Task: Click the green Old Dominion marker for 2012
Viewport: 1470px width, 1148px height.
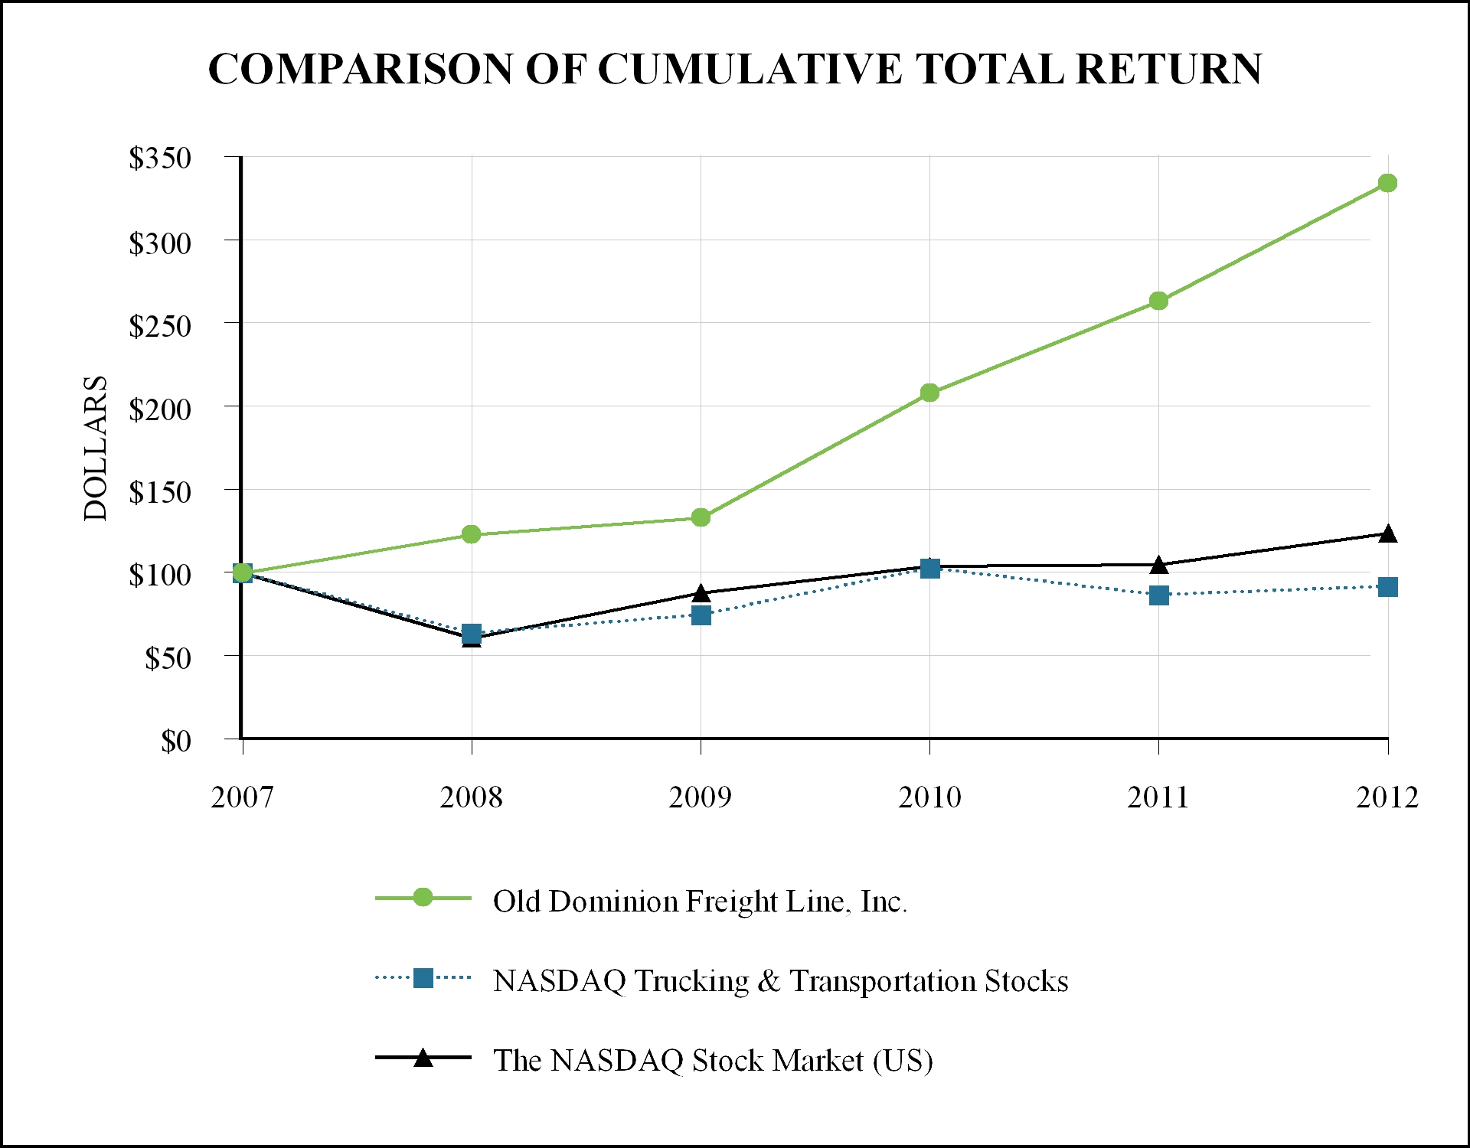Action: point(1387,183)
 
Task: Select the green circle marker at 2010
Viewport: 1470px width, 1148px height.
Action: point(929,393)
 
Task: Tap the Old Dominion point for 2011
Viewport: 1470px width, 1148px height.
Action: point(1158,301)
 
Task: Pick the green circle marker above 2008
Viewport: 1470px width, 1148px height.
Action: point(472,534)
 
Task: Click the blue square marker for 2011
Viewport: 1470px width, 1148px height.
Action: point(1158,595)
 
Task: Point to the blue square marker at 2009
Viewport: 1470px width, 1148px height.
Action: point(701,615)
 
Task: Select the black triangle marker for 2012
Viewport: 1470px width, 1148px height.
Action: point(1387,534)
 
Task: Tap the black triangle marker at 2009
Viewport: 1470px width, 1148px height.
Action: point(701,593)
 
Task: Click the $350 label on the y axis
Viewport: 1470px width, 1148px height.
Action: point(160,158)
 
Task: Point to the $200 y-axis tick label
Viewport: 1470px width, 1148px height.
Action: point(160,409)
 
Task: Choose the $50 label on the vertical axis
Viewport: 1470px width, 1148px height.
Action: point(168,658)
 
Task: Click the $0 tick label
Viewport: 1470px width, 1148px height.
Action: point(175,741)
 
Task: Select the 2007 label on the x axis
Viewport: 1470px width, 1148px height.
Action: point(242,797)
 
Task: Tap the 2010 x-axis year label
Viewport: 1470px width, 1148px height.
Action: point(929,797)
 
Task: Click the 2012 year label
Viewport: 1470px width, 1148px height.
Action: point(1387,797)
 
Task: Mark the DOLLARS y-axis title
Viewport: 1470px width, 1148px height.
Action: point(96,448)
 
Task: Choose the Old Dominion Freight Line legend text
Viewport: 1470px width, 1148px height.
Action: point(700,902)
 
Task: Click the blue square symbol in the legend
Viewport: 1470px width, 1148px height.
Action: point(423,978)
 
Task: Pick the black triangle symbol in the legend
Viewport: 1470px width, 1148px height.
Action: point(423,1058)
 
